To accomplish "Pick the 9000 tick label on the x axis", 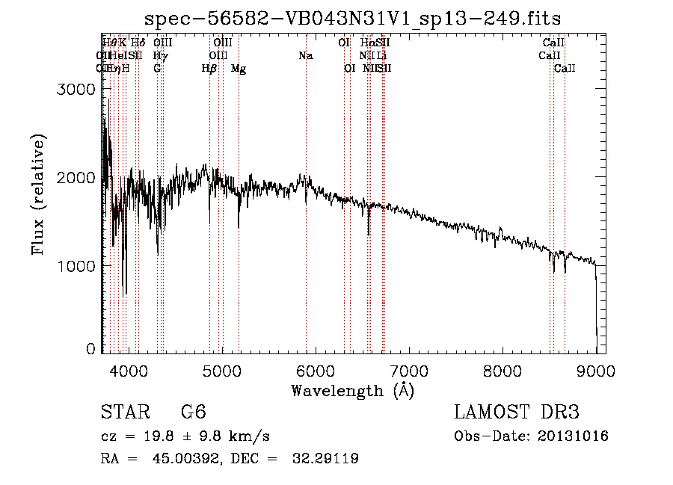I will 595,371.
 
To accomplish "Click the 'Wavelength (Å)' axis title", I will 352,390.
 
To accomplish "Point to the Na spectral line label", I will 305,56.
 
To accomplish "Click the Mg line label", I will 239,69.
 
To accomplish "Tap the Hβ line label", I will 209,69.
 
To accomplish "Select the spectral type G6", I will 192,413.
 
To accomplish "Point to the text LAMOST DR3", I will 516,413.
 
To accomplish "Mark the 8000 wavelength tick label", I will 502,371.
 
